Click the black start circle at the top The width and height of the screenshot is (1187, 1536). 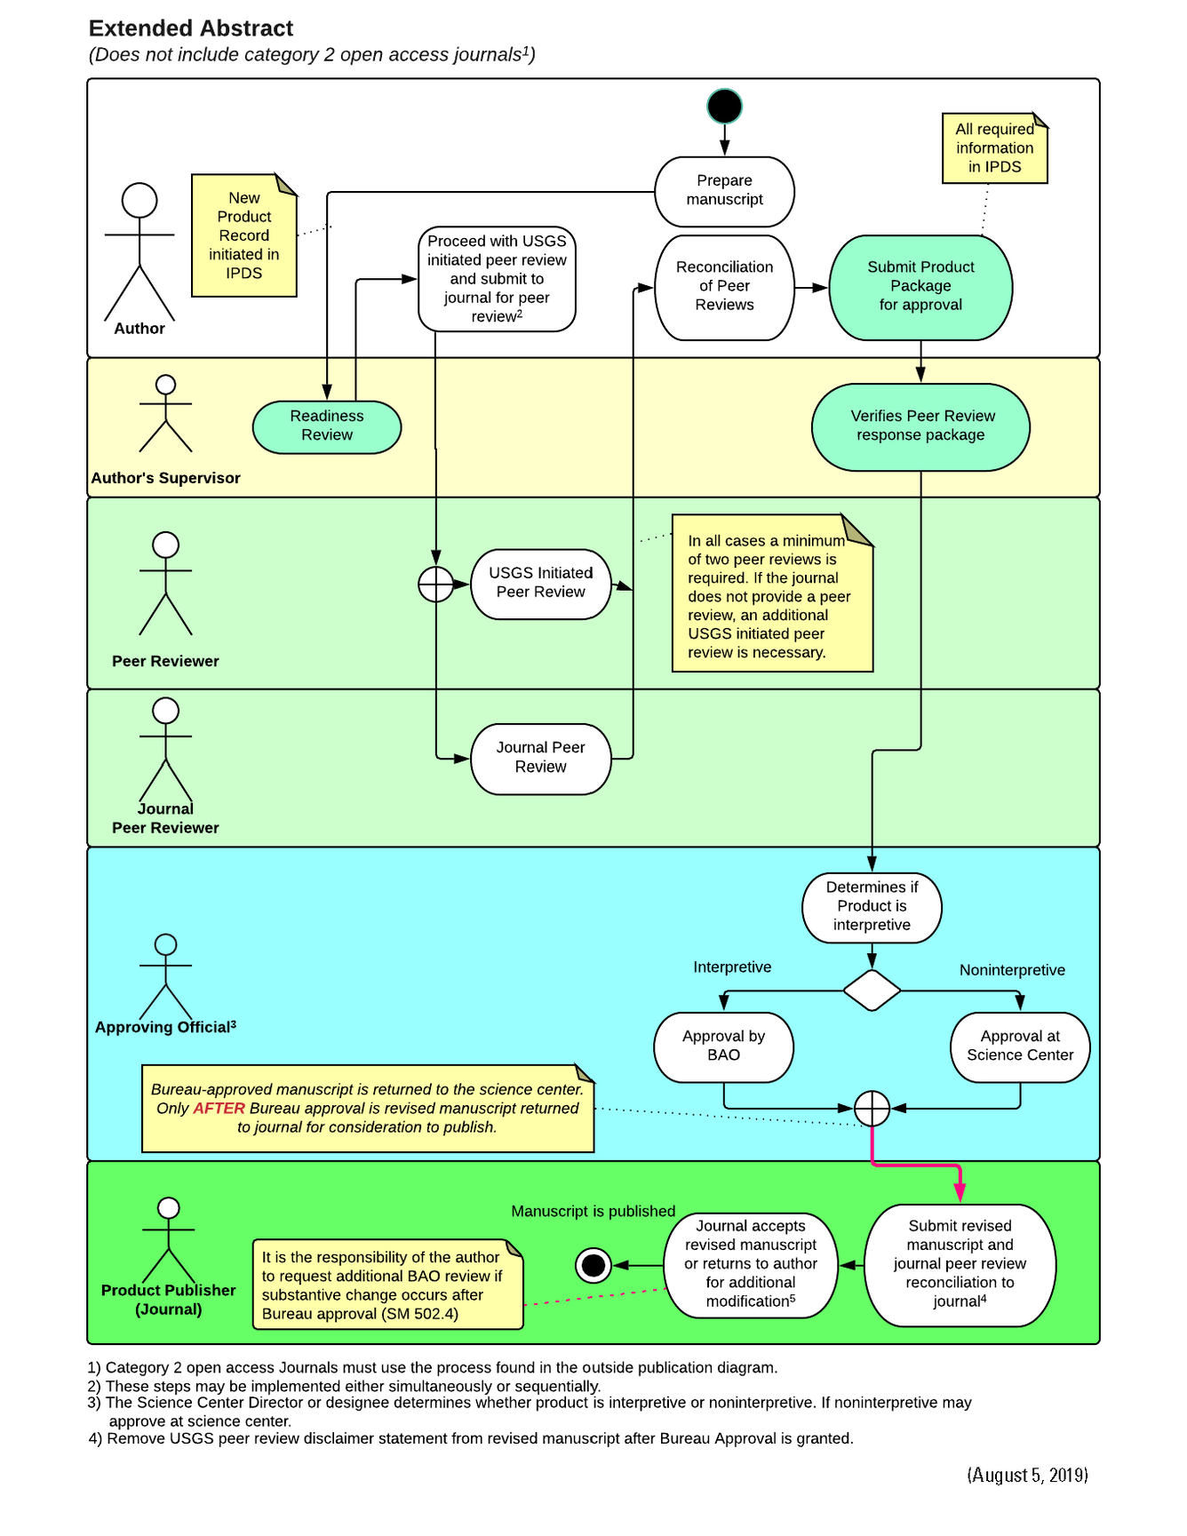tap(724, 107)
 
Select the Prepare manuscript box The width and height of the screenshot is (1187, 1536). tap(724, 191)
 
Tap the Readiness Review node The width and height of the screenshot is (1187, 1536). tap(327, 426)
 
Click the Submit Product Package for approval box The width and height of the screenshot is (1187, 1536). tap(920, 287)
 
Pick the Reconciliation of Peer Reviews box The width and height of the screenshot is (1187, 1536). tap(724, 287)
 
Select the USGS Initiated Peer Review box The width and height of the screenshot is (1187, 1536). tap(540, 584)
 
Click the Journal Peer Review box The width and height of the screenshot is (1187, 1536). tap(540, 758)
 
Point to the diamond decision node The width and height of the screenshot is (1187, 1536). tap(872, 990)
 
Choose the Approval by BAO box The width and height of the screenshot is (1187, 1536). tap(723, 1047)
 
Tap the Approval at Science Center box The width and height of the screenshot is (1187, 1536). tap(1020, 1047)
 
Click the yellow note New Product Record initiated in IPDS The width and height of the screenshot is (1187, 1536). tap(243, 236)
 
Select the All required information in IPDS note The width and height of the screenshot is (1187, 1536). tap(994, 148)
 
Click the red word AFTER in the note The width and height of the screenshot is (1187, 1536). tap(219, 1109)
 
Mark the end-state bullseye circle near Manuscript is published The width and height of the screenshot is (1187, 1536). tap(593, 1264)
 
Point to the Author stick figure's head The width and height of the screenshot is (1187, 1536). tap(139, 201)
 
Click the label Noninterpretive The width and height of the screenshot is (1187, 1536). tap(1012, 970)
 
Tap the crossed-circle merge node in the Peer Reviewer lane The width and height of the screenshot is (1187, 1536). tap(436, 585)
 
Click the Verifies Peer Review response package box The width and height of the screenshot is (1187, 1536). tap(920, 426)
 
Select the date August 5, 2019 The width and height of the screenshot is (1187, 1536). tap(1027, 1476)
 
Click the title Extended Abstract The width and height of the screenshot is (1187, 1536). tap(191, 28)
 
